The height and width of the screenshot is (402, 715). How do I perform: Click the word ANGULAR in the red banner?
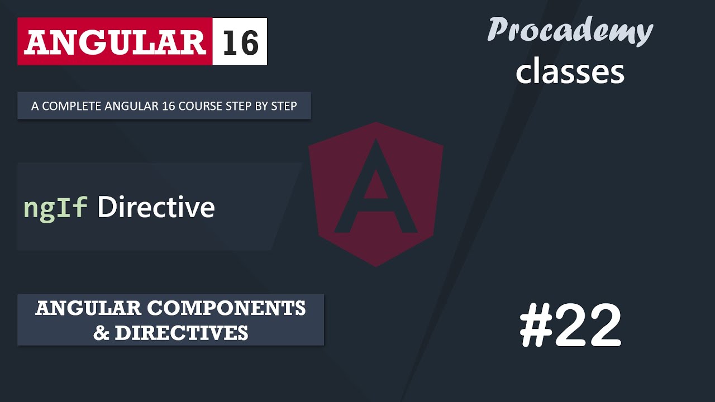click(115, 42)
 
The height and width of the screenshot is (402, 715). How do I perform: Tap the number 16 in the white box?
click(240, 42)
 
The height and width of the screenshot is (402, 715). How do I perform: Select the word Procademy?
click(570, 31)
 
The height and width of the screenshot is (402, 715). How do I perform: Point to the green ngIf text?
click(55, 208)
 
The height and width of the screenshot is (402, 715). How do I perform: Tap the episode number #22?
click(570, 326)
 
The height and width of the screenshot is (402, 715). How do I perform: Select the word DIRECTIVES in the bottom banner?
click(181, 333)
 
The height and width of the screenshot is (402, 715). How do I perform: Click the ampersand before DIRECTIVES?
click(101, 333)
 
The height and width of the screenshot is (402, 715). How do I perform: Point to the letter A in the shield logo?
click(375, 190)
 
